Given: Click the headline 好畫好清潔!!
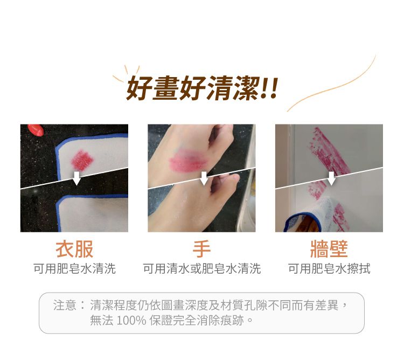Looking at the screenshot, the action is [x=202, y=88].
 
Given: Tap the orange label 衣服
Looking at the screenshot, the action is [x=74, y=249].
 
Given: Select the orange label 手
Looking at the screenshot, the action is [x=201, y=249].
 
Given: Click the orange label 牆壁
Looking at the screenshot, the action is [x=329, y=249].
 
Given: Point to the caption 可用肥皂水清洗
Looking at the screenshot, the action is [x=74, y=268].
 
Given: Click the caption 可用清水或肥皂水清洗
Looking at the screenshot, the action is [x=202, y=268].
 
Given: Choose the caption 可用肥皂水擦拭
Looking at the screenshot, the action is [x=329, y=268].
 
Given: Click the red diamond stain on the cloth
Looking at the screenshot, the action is [x=82, y=160].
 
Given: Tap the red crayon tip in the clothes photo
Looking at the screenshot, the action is [x=36, y=130].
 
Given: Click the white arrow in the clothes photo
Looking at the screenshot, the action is [x=76, y=178].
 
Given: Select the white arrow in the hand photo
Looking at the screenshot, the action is [x=204, y=178].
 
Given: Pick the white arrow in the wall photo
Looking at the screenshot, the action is [x=331, y=178].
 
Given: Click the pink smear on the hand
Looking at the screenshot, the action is [x=188, y=160].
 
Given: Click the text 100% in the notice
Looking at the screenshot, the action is [x=131, y=321].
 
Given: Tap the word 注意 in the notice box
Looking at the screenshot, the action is [x=65, y=305].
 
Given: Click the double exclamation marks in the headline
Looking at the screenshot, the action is [x=269, y=88].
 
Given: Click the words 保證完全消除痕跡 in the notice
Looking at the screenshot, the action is [x=196, y=321].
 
